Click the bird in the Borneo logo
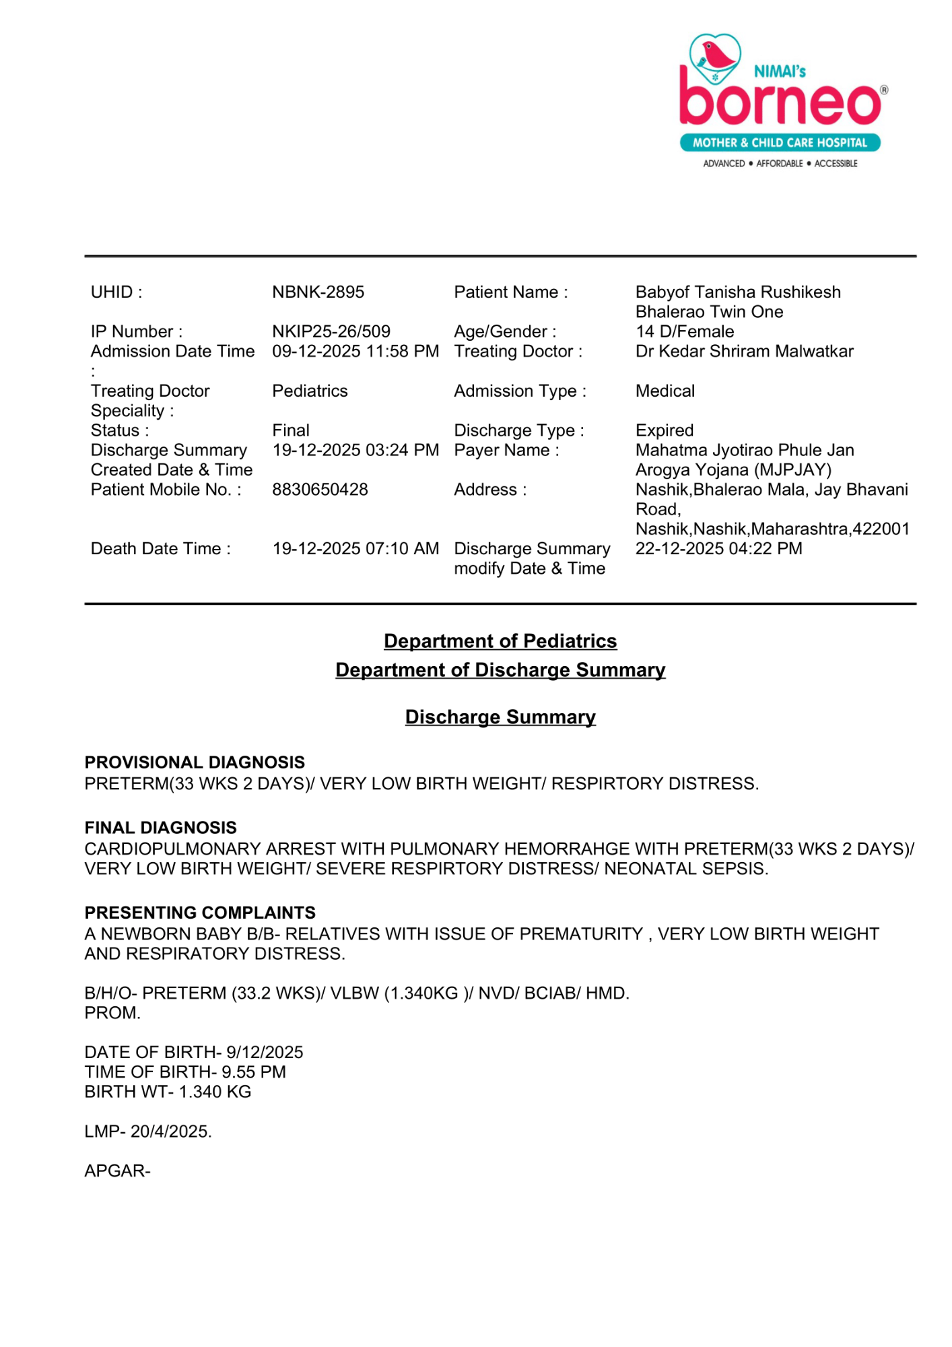tap(716, 55)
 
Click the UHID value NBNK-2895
tap(318, 292)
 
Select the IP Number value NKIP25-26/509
tap(331, 331)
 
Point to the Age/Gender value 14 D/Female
tap(685, 331)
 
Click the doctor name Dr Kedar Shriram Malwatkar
tap(744, 351)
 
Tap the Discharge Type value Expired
tap(665, 430)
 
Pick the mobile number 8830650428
tap(320, 490)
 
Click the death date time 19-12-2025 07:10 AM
tap(355, 549)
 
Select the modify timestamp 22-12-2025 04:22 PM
tap(718, 549)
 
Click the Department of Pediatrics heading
tap(500, 641)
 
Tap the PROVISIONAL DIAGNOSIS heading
tap(195, 762)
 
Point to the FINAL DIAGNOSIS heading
tap(160, 828)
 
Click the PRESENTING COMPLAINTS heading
tap(200, 913)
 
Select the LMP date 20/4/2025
tap(170, 1131)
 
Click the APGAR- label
tap(117, 1171)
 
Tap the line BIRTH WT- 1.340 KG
tap(168, 1092)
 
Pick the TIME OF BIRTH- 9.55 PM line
tap(185, 1072)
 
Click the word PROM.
tap(112, 1013)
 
